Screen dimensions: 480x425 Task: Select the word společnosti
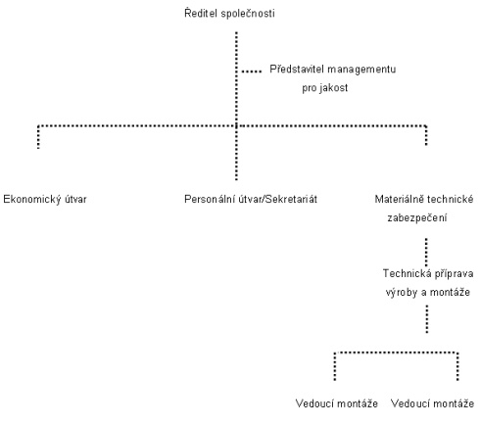pos(248,14)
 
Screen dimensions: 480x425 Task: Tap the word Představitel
pos(297,70)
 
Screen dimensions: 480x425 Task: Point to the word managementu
pos(361,70)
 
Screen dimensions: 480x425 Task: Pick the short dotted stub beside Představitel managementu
pos(252,71)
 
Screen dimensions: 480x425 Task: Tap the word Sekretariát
pos(291,199)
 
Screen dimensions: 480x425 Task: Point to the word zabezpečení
pos(417,217)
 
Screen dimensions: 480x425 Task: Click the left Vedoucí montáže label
pos(337,403)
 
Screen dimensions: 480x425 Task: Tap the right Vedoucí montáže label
pos(432,403)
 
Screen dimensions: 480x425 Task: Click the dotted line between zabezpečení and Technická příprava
pos(426,252)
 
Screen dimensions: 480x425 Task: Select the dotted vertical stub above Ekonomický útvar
pos(38,137)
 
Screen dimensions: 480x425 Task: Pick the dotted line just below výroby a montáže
pos(427,319)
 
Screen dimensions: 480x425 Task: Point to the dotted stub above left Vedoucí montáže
pos(335,366)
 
